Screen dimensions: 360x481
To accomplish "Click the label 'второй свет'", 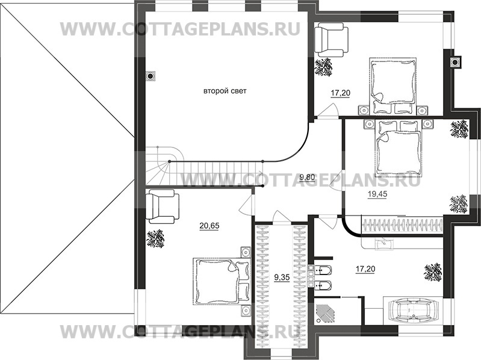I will pyautogui.click(x=226, y=91).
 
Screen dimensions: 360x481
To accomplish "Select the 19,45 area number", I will pyautogui.click(x=377, y=194).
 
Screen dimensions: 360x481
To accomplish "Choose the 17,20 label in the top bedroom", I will pyautogui.click(x=340, y=93).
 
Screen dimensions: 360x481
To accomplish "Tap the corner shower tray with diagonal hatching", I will pyautogui.click(x=330, y=313).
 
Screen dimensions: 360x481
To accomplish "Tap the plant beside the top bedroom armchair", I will pyautogui.click(x=326, y=66).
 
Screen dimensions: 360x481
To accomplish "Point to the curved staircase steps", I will pyautogui.click(x=158, y=166).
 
